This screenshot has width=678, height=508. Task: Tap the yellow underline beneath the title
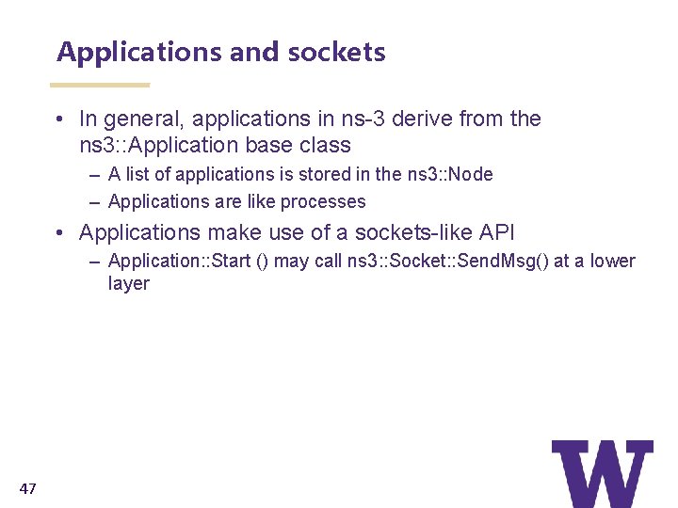coord(100,85)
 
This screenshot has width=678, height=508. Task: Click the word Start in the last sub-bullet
coord(233,262)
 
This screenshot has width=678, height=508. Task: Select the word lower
coord(613,262)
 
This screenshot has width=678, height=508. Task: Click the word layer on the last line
coord(129,284)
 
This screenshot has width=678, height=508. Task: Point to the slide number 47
coord(27,488)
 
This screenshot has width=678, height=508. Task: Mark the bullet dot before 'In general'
coord(59,119)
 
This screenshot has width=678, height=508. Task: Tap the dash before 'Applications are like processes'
coord(97,201)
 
